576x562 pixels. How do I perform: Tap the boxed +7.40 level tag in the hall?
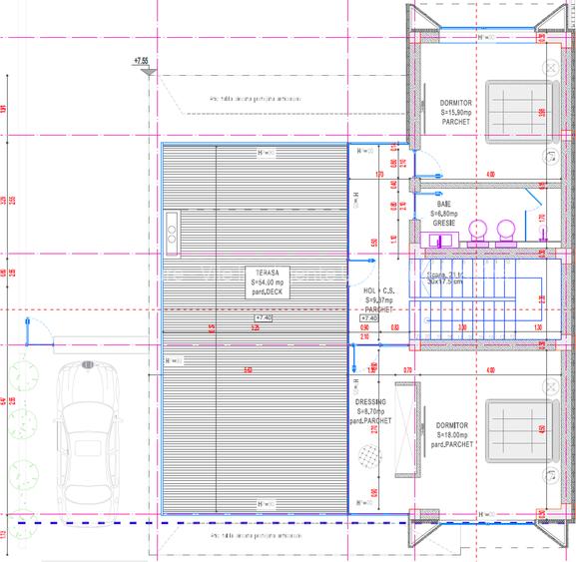(x=368, y=318)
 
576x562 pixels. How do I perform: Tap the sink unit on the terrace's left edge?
(x=171, y=230)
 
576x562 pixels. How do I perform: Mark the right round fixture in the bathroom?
(x=506, y=230)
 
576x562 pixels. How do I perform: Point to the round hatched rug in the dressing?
(x=370, y=455)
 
